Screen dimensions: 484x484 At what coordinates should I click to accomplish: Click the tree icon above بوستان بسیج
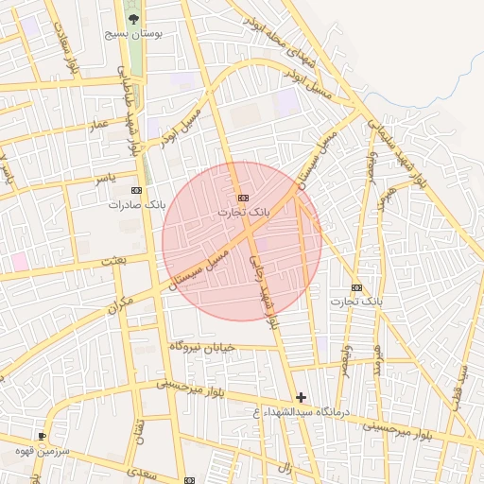(133, 18)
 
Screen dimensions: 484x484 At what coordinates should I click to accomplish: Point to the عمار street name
(99, 125)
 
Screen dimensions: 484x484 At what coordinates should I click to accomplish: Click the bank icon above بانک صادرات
(144, 189)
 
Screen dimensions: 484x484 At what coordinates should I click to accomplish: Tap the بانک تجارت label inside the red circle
(244, 213)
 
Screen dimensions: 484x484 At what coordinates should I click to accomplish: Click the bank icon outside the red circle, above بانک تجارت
(356, 286)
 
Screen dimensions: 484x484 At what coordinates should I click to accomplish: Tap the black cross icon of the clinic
(301, 397)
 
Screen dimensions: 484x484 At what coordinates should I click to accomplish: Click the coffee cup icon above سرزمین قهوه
(42, 435)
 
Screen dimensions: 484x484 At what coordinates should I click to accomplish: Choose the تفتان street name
(140, 431)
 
